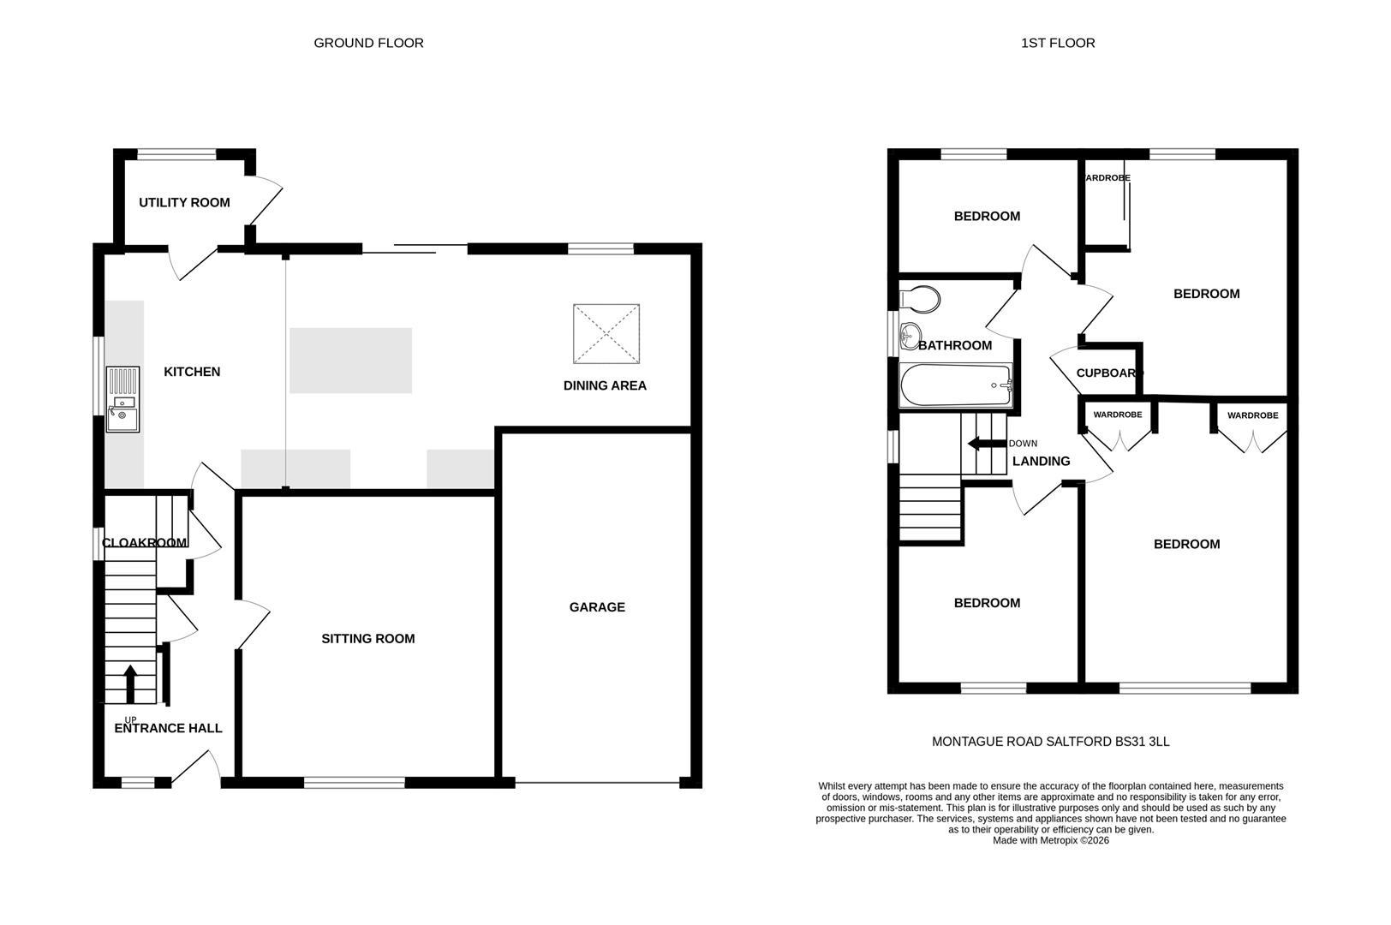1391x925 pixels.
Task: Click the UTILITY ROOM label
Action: [184, 203]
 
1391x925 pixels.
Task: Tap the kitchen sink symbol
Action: [122, 399]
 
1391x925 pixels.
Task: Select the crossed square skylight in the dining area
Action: [606, 334]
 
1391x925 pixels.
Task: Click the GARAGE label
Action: [597, 607]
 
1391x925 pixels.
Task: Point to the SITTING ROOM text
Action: [367, 639]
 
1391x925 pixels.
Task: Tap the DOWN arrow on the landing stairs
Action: [984, 444]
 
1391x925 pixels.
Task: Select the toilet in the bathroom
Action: [921, 300]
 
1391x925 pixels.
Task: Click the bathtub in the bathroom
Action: [956, 386]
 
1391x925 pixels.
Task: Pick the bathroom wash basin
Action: [909, 336]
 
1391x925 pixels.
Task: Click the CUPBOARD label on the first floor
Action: [1109, 373]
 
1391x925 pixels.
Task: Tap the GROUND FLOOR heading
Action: [368, 43]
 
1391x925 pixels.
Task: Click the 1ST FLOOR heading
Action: [1058, 43]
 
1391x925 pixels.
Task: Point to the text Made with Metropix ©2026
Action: [1050, 840]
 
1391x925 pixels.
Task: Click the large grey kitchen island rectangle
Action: [350, 361]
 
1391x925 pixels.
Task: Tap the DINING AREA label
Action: [605, 386]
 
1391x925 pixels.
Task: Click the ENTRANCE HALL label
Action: [169, 729]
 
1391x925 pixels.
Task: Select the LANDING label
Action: [1042, 462]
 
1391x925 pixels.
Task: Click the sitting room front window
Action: [354, 782]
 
